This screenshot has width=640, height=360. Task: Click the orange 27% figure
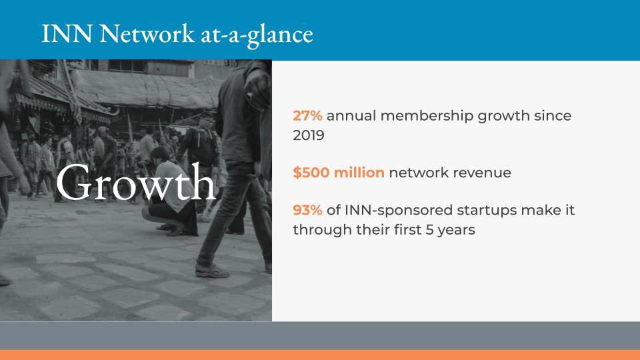click(x=307, y=116)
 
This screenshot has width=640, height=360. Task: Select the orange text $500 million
click(x=339, y=173)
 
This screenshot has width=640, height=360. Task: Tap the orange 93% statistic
click(x=307, y=210)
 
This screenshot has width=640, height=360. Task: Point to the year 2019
click(x=309, y=135)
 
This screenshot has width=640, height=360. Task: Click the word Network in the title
click(x=147, y=33)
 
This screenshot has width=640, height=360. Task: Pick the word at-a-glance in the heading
click(x=257, y=35)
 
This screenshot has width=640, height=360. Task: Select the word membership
click(x=427, y=116)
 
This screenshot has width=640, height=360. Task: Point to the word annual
click(x=351, y=116)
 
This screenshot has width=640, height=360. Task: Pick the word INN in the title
click(x=67, y=33)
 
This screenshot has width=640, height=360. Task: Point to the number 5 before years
click(x=429, y=230)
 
